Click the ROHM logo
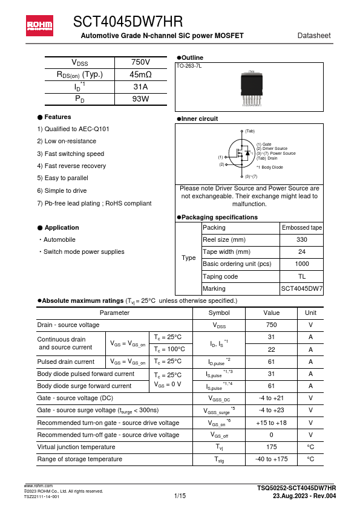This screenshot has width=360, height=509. point(39,25)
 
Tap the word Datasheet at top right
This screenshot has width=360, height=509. point(314,36)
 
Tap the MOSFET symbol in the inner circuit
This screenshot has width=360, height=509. point(242,154)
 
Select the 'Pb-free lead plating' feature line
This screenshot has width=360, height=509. point(94,203)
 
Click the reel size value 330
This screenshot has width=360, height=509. point(302,240)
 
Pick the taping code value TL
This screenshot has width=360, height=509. point(302,276)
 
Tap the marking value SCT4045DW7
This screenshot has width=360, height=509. point(302,289)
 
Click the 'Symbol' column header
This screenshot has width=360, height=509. point(218,313)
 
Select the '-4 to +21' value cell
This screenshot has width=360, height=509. point(271,398)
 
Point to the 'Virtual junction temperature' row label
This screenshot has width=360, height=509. point(76,447)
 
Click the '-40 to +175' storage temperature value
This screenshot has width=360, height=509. point(271,459)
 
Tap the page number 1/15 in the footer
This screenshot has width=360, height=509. point(180,496)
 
